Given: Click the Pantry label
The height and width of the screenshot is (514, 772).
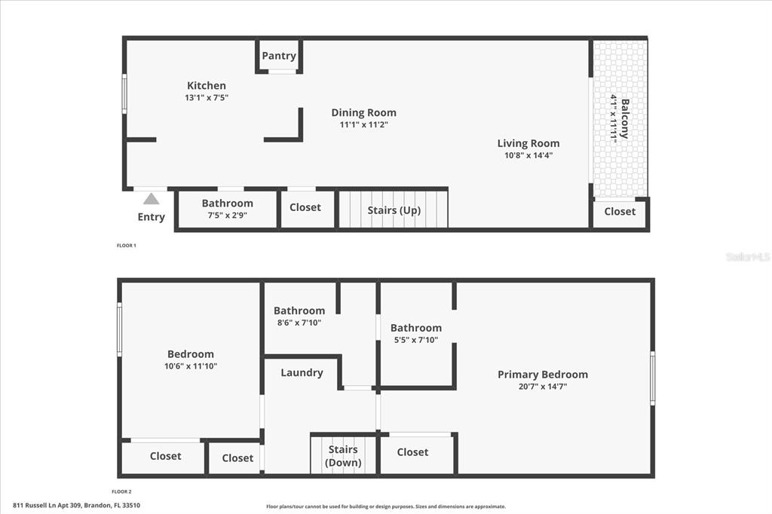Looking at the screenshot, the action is (279, 56).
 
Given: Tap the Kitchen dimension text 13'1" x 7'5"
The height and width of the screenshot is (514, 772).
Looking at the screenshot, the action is (207, 97).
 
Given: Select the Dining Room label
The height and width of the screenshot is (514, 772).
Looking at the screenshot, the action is (363, 113).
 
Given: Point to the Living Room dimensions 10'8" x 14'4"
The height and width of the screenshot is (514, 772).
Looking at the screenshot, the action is (528, 155).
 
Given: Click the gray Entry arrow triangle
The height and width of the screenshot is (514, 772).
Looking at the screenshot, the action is (151, 199).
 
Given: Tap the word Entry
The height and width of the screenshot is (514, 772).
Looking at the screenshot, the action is (151, 217).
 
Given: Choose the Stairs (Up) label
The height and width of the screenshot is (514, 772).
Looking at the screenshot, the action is (394, 210).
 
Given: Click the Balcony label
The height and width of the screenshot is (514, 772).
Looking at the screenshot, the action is (625, 118).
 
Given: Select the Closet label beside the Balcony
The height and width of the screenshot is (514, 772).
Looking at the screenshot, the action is (620, 211).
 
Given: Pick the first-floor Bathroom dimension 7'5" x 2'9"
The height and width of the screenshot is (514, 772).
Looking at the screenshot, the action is (227, 215).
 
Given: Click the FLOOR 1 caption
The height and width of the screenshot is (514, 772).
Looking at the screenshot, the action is (126, 245).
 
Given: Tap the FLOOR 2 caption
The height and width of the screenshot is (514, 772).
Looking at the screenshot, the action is (121, 491).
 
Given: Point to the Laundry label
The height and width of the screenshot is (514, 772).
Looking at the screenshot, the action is (302, 373).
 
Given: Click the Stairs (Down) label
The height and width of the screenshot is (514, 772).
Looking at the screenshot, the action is (343, 456).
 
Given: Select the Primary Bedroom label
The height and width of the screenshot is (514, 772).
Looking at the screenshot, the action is (543, 374).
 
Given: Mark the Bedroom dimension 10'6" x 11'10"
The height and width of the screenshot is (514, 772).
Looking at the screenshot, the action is (191, 366).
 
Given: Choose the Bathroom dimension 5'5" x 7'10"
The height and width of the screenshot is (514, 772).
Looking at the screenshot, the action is (416, 340).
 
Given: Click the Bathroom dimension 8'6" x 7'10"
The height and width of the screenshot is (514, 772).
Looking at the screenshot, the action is (299, 323).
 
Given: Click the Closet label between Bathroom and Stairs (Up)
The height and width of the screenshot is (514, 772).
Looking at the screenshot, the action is (305, 207).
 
